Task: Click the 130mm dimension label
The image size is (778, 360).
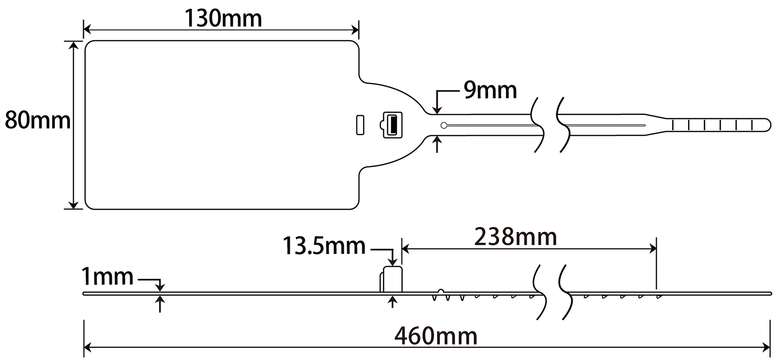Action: click(x=223, y=18)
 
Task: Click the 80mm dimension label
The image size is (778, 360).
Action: click(x=37, y=121)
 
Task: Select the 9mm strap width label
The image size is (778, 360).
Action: click(x=490, y=90)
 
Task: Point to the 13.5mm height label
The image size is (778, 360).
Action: click(x=324, y=246)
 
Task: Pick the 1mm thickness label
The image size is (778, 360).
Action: click(x=107, y=277)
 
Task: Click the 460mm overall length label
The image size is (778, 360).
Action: click(x=436, y=336)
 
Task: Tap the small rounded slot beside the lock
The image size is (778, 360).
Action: click(x=360, y=125)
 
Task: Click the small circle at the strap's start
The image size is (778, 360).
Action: click(x=444, y=126)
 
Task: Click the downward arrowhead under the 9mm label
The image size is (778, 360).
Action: click(x=438, y=110)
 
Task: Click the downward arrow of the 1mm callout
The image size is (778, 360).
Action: click(x=160, y=288)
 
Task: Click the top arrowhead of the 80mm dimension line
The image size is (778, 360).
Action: click(x=73, y=45)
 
